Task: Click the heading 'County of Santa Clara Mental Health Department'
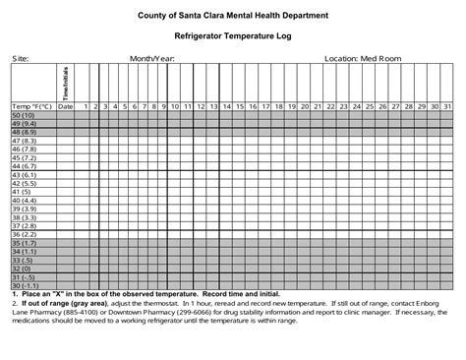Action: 233,16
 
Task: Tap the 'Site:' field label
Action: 21,59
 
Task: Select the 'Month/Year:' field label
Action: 154,59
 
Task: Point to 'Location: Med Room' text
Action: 364,59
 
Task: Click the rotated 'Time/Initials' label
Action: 66,86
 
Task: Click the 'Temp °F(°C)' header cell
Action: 29,105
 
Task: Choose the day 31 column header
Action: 446,105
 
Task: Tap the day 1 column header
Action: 86,105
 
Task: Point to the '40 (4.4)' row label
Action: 25,200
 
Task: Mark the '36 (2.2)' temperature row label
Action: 25,234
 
